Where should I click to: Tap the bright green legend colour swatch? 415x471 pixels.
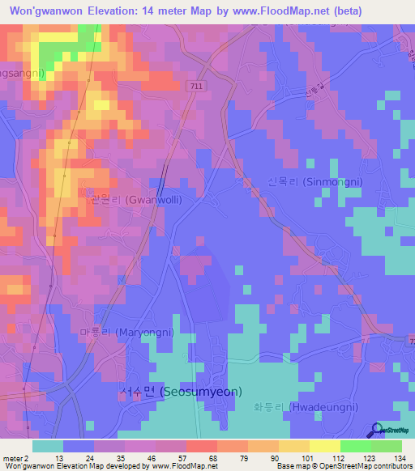coord(355,446)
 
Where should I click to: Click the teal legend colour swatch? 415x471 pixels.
coord(48,446)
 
